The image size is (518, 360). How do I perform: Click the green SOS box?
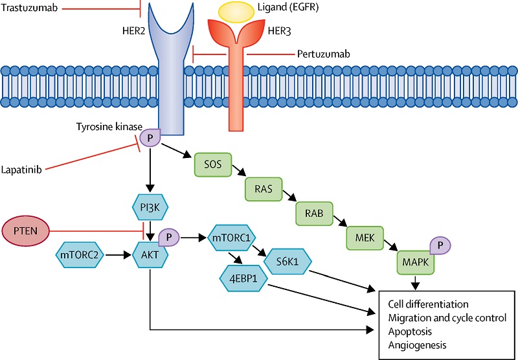pyautogui.click(x=213, y=164)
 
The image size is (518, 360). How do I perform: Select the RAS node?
pyautogui.click(x=264, y=189)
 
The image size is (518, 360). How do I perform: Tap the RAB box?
pyautogui.click(x=314, y=214)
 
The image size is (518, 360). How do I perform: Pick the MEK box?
pyautogui.click(x=365, y=238)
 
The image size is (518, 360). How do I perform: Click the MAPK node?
pyautogui.click(x=416, y=262)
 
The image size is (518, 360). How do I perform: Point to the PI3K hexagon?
pyautogui.click(x=150, y=207)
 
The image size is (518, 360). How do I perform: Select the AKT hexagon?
pyautogui.click(x=150, y=254)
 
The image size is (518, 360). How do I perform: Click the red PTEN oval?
pyautogui.click(x=26, y=231)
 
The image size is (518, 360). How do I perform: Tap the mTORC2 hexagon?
pyautogui.click(x=80, y=254)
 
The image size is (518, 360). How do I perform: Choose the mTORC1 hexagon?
pyautogui.click(x=232, y=238)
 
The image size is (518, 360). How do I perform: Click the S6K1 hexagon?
pyautogui.click(x=287, y=262)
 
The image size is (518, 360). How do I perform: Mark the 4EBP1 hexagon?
pyautogui.click(x=243, y=278)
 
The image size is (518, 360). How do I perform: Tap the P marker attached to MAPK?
pyautogui.click(x=440, y=245)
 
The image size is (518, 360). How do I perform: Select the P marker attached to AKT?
pyautogui.click(x=169, y=237)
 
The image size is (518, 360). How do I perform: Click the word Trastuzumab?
pyautogui.click(x=29, y=8)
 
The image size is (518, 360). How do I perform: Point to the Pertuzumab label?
pyautogui.click(x=323, y=54)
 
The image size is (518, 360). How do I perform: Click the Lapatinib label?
pyautogui.click(x=21, y=170)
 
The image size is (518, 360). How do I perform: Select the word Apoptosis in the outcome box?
pyautogui.click(x=410, y=332)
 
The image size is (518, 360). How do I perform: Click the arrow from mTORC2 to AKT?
pyautogui.click(x=118, y=254)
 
